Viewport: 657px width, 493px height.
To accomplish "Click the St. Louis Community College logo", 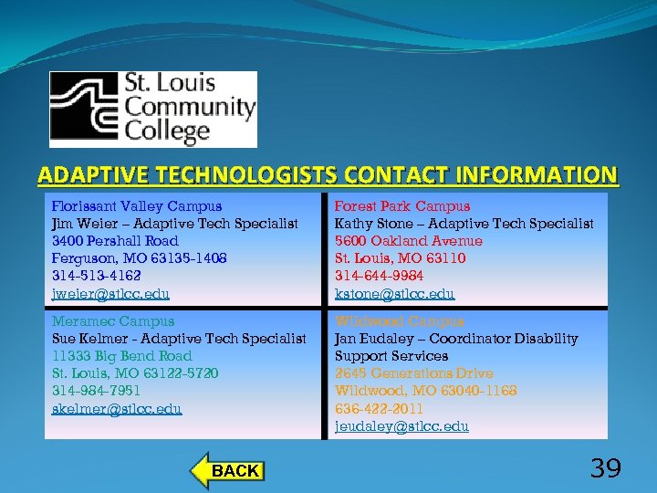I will point(152,109).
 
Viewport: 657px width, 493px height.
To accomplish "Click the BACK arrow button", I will point(228,470).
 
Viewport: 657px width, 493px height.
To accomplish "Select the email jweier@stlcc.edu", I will point(110,294).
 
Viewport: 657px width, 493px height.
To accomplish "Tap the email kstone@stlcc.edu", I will point(394,294).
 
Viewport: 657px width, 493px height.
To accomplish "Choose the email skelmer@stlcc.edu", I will point(117,408).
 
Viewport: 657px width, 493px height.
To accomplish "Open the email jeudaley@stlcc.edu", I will point(401,425).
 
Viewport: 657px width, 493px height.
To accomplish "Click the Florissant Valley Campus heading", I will point(137,206).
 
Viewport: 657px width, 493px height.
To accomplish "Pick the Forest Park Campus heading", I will point(402,206).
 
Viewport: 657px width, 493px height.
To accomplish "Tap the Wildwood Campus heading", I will point(399,321).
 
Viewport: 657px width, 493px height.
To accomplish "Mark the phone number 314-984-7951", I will point(98,391).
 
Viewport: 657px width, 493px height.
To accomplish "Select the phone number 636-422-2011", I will point(379,408).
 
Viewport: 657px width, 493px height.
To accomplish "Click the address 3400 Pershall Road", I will point(115,241).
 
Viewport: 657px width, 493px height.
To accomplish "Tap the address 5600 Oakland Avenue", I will point(408,241).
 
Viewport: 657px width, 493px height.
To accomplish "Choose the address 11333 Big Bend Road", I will point(122,356).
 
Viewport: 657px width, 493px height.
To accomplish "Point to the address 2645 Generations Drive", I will point(413,373).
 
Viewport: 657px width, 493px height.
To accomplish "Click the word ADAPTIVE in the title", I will point(90,174).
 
